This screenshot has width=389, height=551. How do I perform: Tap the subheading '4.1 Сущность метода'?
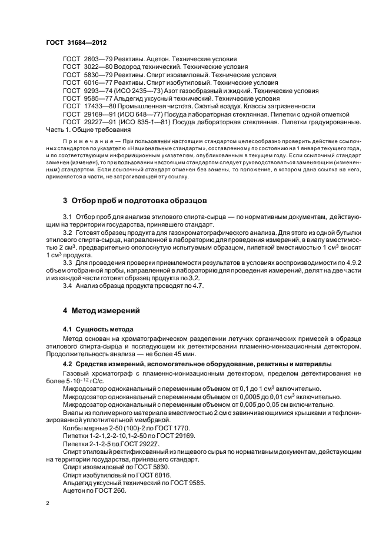[98, 328]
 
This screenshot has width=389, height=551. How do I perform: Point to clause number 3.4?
[67, 286]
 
